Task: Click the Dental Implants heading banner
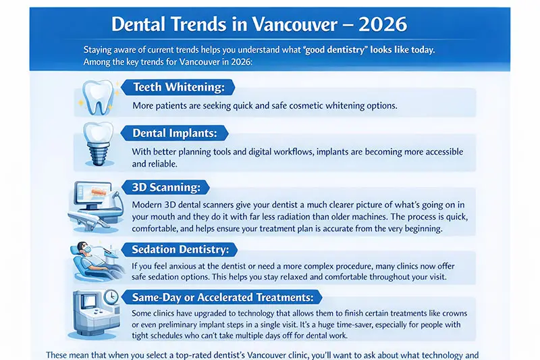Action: [174, 133]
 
